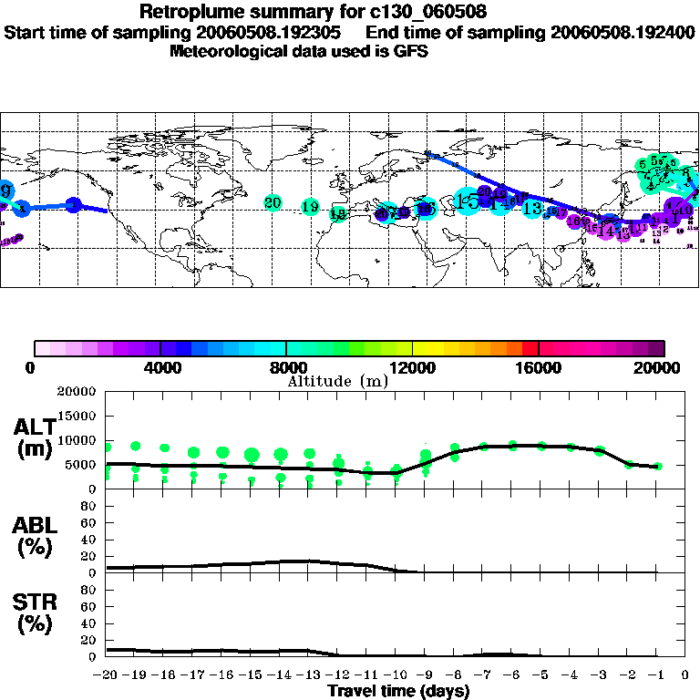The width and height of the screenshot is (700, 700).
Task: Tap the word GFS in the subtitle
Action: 410,51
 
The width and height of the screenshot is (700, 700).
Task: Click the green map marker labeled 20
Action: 273,201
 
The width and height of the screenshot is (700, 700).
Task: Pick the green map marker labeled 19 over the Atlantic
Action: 310,207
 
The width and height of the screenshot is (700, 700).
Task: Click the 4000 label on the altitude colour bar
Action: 160,368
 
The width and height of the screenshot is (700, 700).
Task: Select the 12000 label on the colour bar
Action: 413,368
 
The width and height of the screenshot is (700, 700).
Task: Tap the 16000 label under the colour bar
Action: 539,368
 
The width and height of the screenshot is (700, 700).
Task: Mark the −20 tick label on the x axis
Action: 106,675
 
